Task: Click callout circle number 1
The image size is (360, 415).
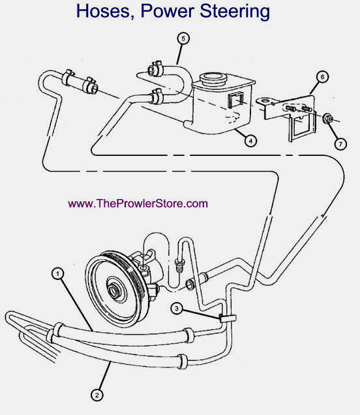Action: (58, 273)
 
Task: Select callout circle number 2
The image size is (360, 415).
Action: (97, 395)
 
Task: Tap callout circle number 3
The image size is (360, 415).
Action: (177, 308)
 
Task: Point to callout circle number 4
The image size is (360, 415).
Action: (250, 140)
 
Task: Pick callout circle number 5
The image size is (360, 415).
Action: (183, 38)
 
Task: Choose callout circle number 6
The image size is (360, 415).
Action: (322, 77)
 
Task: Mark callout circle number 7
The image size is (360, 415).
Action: (340, 144)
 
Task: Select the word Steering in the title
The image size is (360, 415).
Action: (235, 12)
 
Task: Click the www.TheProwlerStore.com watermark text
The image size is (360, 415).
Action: (138, 204)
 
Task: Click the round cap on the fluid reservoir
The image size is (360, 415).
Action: (213, 78)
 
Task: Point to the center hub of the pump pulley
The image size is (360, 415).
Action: (114, 290)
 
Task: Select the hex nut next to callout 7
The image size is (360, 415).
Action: (328, 119)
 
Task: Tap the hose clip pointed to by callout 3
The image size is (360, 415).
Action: (228, 318)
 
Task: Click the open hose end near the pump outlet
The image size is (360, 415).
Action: (190, 284)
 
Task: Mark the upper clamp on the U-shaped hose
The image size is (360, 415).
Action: (155, 69)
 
